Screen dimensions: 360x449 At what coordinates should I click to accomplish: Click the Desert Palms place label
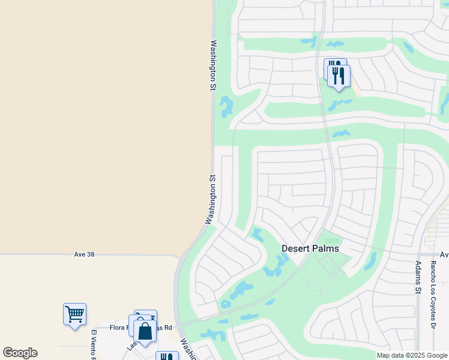(310, 248)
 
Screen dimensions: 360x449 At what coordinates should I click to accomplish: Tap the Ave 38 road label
(84, 254)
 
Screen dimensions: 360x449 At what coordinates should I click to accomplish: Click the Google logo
(20, 353)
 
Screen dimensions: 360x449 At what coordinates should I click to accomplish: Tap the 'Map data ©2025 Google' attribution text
(411, 355)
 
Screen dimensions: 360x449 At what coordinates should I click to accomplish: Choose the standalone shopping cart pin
(74, 314)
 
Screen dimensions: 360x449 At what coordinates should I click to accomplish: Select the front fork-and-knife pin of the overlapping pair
(339, 76)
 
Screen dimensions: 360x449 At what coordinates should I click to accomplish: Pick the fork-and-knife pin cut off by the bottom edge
(166, 356)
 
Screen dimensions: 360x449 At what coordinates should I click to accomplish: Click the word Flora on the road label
(118, 328)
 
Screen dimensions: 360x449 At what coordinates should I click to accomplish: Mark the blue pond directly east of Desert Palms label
(370, 261)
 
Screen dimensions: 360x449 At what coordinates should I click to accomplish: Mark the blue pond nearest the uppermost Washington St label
(226, 107)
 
